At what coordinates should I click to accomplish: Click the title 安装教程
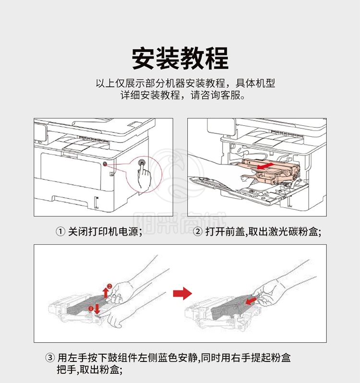(x=180, y=59)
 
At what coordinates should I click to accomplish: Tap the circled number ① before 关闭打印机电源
(x=60, y=231)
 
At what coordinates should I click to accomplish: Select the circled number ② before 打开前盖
(x=197, y=231)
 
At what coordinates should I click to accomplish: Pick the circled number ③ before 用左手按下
(x=50, y=358)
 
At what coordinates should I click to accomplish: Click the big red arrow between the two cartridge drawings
(x=182, y=293)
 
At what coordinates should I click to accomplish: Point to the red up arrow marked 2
(x=106, y=292)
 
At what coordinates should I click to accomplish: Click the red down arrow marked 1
(x=97, y=309)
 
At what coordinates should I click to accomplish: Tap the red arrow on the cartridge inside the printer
(x=264, y=167)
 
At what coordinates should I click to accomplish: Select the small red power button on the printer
(x=105, y=164)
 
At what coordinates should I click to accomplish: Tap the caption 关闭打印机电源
(x=103, y=231)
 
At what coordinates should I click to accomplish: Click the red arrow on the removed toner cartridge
(x=251, y=300)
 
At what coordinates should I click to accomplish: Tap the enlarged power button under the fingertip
(x=142, y=162)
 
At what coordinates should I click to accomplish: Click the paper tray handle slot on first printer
(x=70, y=200)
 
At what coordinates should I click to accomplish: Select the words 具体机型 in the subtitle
(x=255, y=84)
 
